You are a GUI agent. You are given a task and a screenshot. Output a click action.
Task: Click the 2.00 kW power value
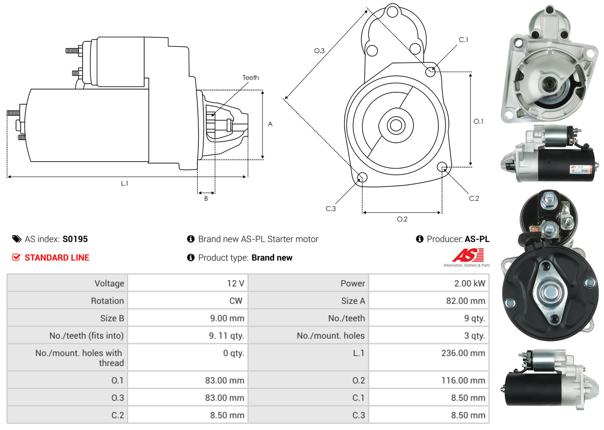pos(470,283)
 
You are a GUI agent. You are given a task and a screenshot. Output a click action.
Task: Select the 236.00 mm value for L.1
pos(463,353)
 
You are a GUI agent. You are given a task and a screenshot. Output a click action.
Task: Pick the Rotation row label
pos(107,301)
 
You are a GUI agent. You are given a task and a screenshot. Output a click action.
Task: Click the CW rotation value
pos(235,301)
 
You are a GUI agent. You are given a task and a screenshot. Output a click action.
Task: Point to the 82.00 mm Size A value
pos(465,301)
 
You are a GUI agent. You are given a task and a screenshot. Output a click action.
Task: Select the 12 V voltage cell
pos(235,283)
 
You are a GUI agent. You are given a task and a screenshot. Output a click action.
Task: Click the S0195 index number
pos(75,239)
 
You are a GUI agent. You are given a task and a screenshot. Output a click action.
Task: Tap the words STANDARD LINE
pos(57,258)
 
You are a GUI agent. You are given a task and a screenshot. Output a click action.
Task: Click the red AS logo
pos(468,255)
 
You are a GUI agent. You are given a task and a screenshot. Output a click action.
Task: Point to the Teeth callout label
pos(251,78)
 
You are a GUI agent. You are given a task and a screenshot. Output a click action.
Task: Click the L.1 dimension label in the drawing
pos(124,183)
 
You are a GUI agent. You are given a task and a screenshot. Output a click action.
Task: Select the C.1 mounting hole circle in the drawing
pos(431,71)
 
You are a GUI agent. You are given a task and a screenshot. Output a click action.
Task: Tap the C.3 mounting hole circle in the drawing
pos(362,177)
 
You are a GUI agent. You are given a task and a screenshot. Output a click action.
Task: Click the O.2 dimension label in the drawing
pos(402,219)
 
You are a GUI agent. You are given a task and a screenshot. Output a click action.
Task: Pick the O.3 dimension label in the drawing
pos(319,51)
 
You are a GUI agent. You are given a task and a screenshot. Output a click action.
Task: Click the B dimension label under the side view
pos(206,198)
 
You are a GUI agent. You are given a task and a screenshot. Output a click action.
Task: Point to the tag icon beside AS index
pos(17,239)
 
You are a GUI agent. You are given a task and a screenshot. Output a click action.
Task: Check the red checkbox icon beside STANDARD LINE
pos(16,257)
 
